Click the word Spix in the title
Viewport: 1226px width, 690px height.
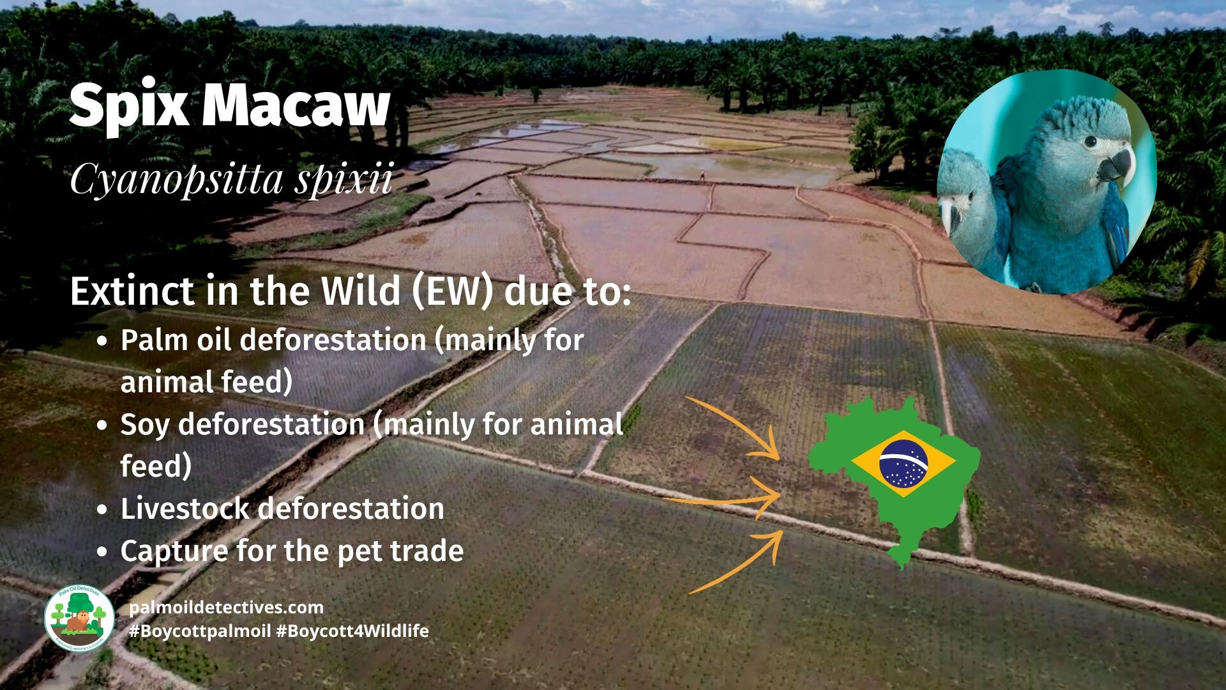click(130, 106)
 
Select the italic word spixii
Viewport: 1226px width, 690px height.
click(344, 180)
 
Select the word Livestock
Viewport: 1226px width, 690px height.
click(184, 509)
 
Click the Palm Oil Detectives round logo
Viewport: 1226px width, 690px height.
click(79, 618)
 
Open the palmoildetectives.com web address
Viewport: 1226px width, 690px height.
click(226, 608)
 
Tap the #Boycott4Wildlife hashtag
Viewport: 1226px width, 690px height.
click(352, 631)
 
